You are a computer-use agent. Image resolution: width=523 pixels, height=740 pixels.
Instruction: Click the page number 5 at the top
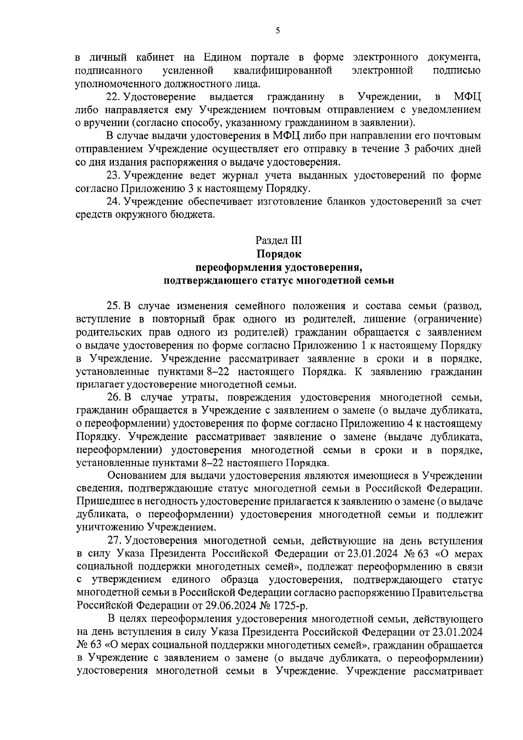pyautogui.click(x=278, y=31)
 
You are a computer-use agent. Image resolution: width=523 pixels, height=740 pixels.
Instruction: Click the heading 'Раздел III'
pyautogui.click(x=278, y=240)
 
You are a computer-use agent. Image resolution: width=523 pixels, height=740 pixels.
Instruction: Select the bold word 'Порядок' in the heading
pyautogui.click(x=278, y=254)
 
